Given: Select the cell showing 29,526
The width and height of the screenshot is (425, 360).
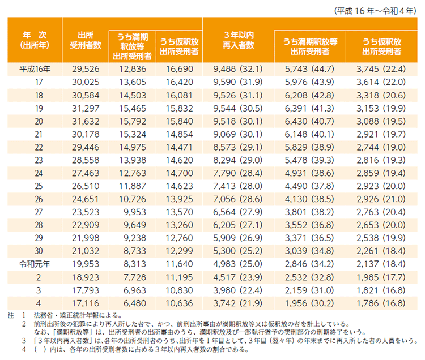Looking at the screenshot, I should click(86, 69).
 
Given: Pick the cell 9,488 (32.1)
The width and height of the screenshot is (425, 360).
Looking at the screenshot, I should click(238, 69).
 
